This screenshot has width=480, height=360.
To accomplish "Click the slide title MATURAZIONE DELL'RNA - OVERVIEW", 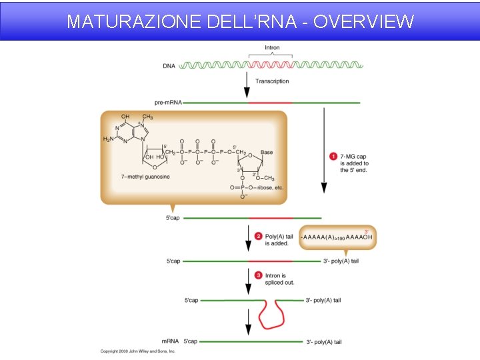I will coord(240,21).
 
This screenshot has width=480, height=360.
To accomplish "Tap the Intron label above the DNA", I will coord(272,48).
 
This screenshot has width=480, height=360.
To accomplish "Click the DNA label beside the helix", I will coord(169,65).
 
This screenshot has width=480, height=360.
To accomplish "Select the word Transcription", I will coord(272,81).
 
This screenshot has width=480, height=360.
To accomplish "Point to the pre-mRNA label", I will coord(167,103).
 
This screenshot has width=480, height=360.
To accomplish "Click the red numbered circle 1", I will coord(333,157).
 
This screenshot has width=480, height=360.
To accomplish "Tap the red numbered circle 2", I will coord(259,236).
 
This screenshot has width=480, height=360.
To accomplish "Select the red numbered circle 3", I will coord(259,275).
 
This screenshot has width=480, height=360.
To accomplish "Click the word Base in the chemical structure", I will coord(267,152).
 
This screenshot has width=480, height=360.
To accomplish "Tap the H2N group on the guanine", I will coord(108,139).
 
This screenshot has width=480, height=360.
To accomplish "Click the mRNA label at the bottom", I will coord(170,342).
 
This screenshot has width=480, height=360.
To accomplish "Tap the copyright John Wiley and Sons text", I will coord(138,351).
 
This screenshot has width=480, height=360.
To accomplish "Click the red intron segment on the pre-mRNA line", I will coord(270,103).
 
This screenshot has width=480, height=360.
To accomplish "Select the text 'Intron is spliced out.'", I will coord(280,279).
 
